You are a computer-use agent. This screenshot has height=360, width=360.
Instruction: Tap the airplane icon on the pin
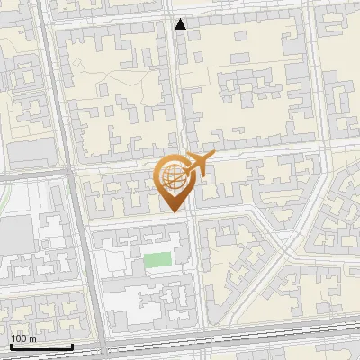point(197,164)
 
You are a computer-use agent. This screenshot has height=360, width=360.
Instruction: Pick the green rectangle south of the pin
point(157,261)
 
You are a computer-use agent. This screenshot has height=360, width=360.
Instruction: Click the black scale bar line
point(41,347)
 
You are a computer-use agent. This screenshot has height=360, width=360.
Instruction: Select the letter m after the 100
point(33,339)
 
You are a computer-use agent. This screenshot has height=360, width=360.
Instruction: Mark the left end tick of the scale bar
point(11,346)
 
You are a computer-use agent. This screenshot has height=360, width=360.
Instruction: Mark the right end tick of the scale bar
point(72,346)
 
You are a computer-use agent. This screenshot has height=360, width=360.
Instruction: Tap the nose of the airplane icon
point(213,158)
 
